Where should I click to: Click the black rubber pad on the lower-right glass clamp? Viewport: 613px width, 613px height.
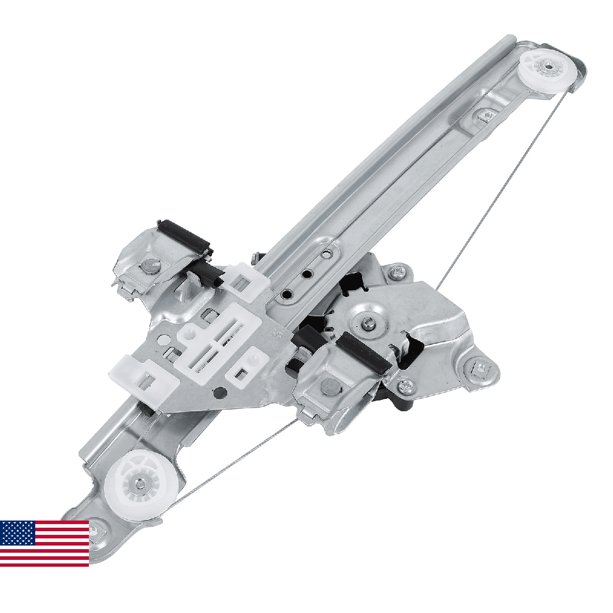[x=364, y=352]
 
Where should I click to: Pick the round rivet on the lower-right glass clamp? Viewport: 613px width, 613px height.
[x=329, y=389]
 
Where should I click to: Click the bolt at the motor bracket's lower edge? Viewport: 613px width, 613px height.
[x=406, y=385]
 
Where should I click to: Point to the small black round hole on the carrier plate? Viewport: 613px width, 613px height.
[x=220, y=393]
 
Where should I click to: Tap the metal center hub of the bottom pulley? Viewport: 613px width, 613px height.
[x=138, y=482]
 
